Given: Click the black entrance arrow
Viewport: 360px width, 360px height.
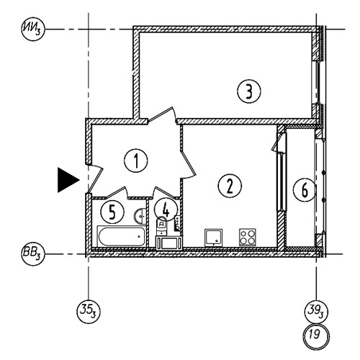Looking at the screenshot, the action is tap(68, 180).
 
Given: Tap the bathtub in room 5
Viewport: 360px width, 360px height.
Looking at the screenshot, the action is tap(121, 236).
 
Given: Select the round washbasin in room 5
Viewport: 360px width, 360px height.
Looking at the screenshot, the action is tap(140, 216).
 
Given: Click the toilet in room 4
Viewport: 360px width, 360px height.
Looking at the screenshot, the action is tap(161, 226).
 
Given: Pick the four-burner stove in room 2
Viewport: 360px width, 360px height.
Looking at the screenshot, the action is tap(247, 237).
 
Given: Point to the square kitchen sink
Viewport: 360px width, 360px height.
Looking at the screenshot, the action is tap(213, 238).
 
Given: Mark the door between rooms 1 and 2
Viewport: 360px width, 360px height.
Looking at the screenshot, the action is tap(188, 163).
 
